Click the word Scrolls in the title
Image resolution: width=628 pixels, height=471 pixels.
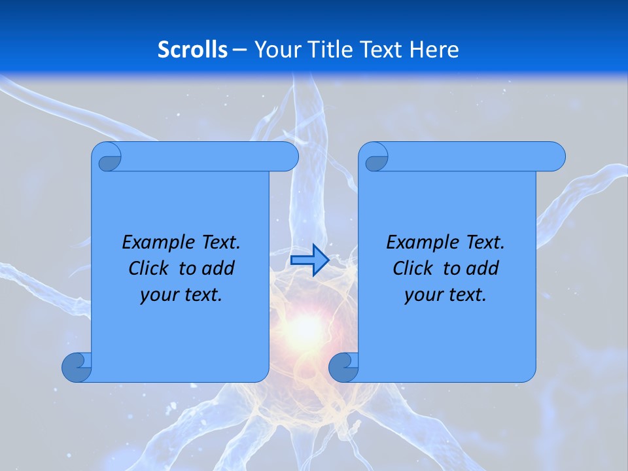coord(193,50)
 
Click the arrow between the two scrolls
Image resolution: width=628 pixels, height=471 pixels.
coord(309,260)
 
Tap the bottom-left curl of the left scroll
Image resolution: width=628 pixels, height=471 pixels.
coord(76,367)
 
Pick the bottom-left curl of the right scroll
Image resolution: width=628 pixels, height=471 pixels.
coord(343,367)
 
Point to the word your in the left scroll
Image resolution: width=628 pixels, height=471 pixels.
coord(158,296)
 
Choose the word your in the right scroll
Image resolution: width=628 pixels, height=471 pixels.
coord(423,296)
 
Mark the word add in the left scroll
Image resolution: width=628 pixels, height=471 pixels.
coord(218,269)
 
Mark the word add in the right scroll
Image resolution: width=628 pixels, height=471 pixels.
coord(483,269)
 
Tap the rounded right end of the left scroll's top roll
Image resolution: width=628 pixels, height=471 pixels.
coord(288,157)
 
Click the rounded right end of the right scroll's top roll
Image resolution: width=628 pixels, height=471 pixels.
coord(555,157)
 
